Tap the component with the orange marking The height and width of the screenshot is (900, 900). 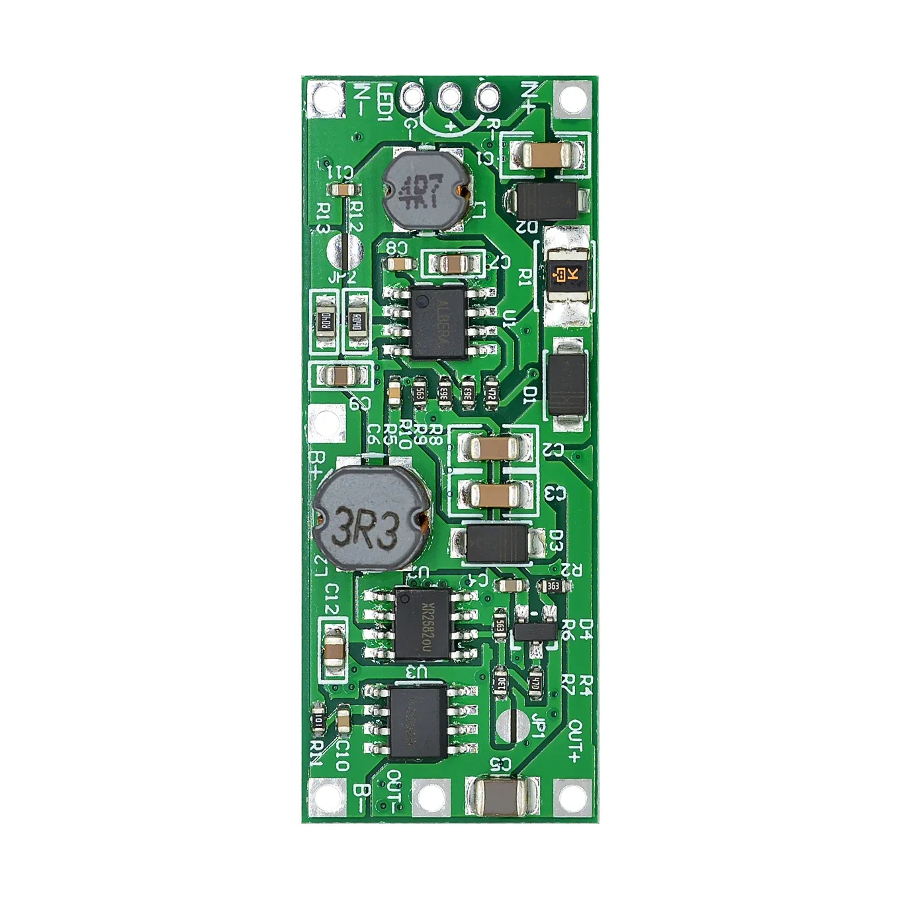(x=564, y=273)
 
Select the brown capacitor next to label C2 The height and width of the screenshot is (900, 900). (x=492, y=449)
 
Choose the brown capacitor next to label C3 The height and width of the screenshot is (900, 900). (x=492, y=493)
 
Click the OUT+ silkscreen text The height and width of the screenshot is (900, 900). (x=573, y=741)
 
